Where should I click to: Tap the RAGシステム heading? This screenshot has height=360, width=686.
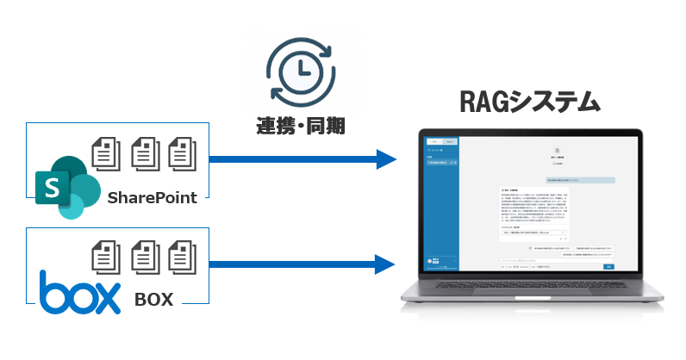(527, 102)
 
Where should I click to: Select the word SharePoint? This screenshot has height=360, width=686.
(153, 198)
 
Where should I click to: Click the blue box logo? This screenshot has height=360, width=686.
(79, 292)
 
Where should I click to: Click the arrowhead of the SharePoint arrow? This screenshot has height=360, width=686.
(384, 159)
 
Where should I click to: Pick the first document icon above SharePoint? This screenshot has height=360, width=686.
(105, 153)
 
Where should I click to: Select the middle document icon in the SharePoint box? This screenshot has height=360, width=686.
(143, 153)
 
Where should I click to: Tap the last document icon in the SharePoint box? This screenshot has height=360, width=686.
(180, 153)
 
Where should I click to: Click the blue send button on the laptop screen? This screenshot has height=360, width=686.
(608, 267)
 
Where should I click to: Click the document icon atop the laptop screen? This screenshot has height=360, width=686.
(556, 151)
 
